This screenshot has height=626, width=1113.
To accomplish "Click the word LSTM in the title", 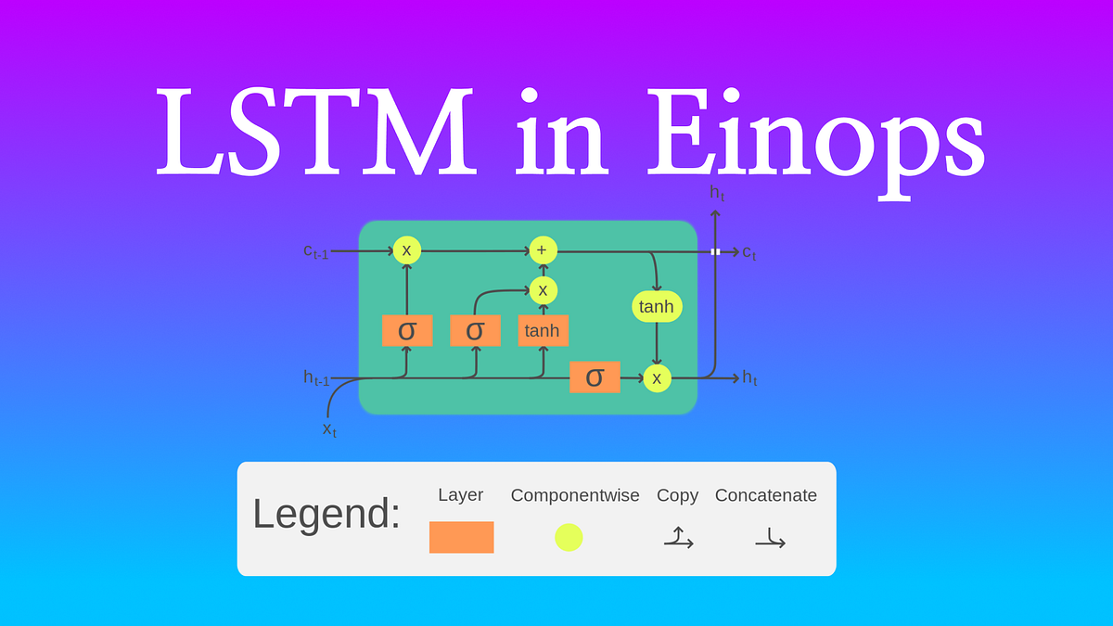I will (315, 133).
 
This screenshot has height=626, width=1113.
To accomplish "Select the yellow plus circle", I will (543, 250).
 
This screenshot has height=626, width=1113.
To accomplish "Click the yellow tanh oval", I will (657, 307).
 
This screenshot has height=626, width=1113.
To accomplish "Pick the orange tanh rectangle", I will (543, 331).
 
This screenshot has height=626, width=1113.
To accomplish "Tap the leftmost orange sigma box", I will (407, 330).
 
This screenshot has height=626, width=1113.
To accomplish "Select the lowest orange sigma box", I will (595, 377).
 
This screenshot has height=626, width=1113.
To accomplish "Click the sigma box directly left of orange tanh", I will (475, 330).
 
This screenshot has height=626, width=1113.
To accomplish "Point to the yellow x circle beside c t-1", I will (406, 250).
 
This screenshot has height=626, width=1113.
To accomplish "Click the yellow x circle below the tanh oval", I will (657, 377).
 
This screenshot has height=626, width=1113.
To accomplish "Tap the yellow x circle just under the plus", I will (543, 290).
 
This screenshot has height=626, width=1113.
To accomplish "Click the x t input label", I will (329, 428).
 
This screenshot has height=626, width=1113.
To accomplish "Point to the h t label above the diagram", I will (717, 194).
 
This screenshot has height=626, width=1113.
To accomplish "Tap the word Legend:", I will (326, 514).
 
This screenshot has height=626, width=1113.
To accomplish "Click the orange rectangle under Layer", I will (461, 537).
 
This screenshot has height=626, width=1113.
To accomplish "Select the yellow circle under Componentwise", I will (569, 537).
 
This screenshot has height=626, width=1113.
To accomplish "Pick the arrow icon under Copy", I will (678, 538).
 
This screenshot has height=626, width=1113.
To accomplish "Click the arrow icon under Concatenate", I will (770, 538).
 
